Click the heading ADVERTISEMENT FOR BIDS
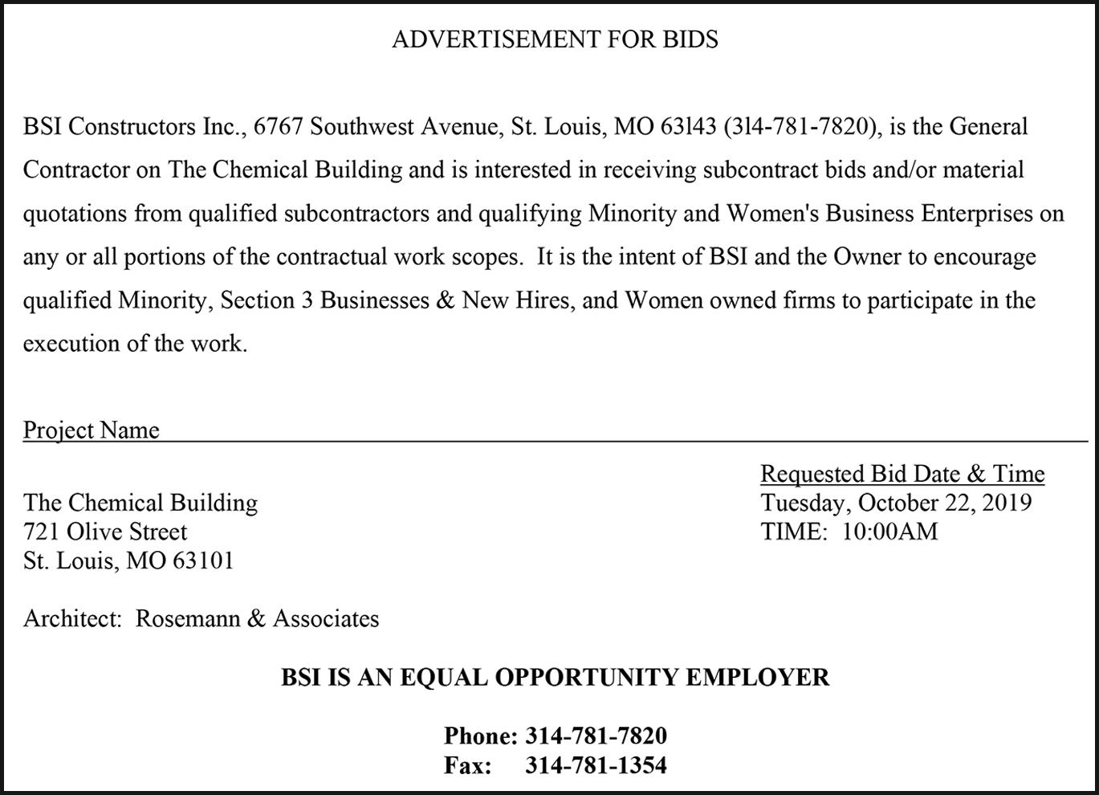(x=555, y=39)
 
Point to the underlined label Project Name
(x=92, y=430)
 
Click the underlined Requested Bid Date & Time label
(x=902, y=474)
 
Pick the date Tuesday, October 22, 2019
(x=896, y=503)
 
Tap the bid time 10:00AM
(x=889, y=532)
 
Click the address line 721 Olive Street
(x=105, y=532)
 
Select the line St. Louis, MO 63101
(x=128, y=561)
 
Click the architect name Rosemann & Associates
(x=257, y=618)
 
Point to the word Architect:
(x=72, y=618)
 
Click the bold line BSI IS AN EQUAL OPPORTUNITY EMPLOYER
(x=555, y=677)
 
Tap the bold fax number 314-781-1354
(x=596, y=765)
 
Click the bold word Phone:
(x=480, y=736)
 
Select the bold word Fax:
(x=468, y=765)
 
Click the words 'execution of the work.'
(x=135, y=344)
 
